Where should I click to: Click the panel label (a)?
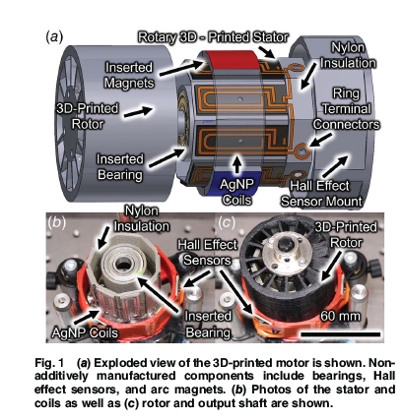[x=55, y=36]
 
